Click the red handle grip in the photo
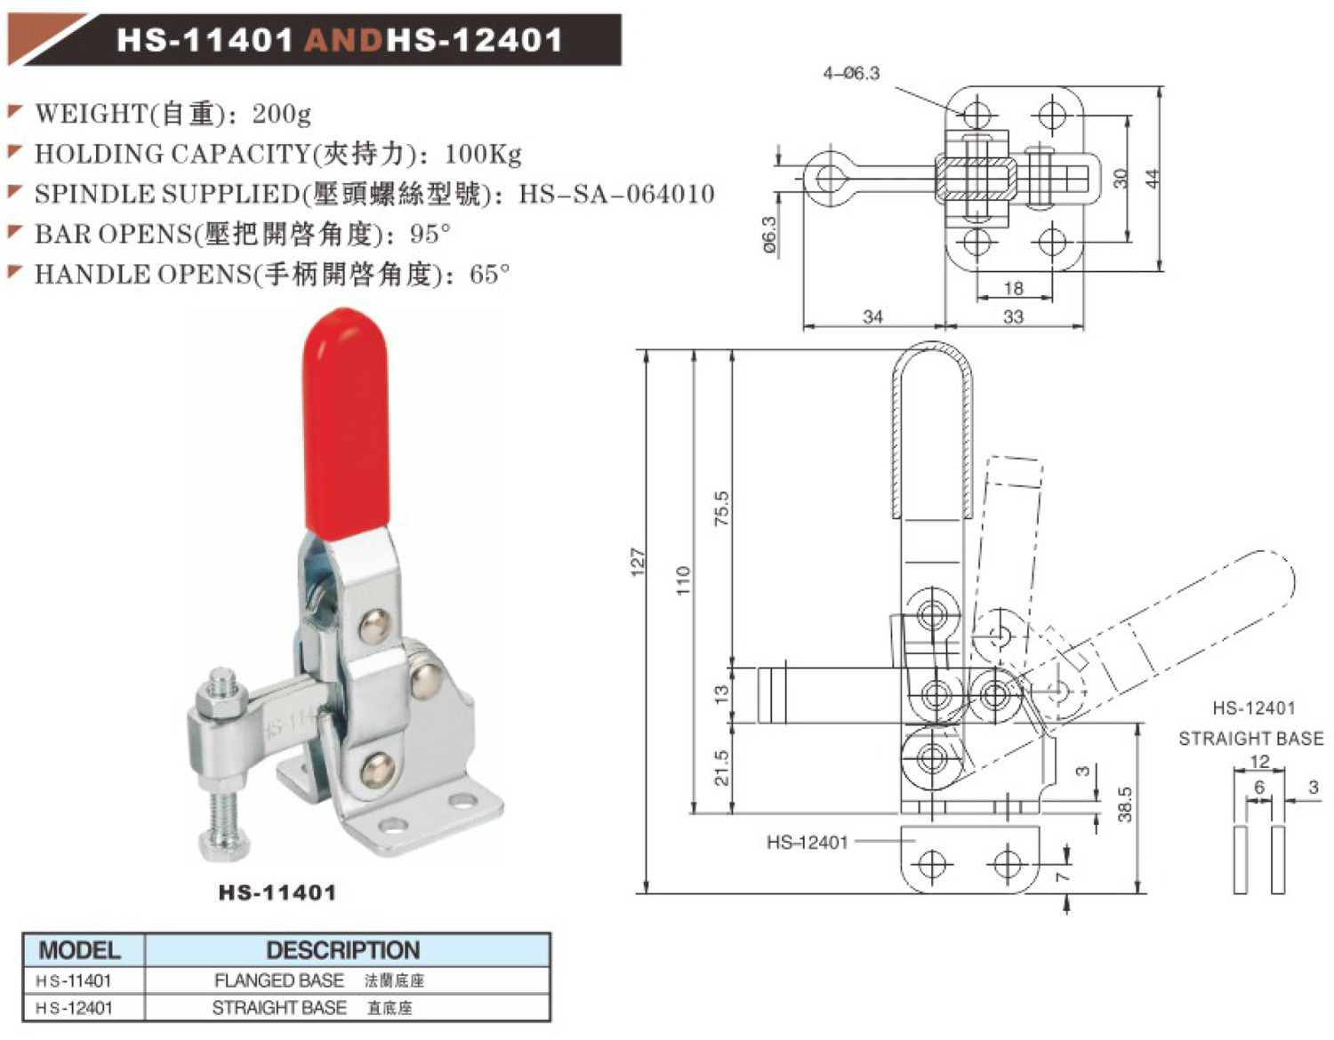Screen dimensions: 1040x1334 click(x=346, y=427)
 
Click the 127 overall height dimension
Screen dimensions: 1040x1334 click(x=638, y=562)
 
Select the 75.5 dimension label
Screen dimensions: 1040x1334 click(x=721, y=508)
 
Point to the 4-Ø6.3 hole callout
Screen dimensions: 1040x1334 click(x=851, y=74)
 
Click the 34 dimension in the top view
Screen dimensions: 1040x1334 click(x=872, y=316)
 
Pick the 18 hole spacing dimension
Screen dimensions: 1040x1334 click(x=1013, y=288)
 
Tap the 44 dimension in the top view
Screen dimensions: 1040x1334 click(x=1153, y=178)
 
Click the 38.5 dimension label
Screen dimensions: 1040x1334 click(x=1124, y=804)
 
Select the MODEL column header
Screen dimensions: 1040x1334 click(x=80, y=950)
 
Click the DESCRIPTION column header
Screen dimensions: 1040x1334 click(x=342, y=950)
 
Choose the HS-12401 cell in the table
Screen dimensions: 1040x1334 click(x=75, y=1008)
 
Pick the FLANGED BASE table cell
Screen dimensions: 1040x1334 click(x=279, y=980)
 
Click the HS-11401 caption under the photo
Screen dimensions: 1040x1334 click(x=277, y=892)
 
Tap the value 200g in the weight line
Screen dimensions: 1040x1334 click(x=281, y=114)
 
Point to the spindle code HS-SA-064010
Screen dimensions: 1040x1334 click(x=616, y=194)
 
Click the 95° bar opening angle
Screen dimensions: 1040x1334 click(x=430, y=235)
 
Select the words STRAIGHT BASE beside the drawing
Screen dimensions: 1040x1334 click(x=1250, y=738)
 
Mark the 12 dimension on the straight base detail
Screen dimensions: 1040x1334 click(x=1259, y=762)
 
